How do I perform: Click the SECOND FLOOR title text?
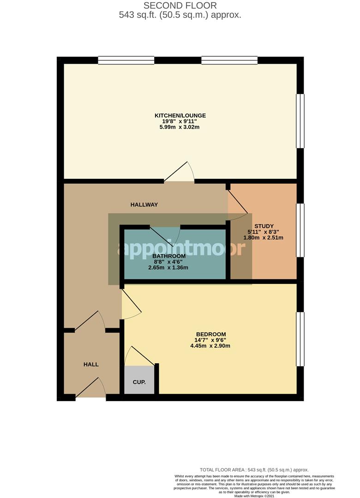180,6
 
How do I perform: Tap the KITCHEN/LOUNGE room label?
180,115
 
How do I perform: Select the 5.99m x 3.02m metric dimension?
180,127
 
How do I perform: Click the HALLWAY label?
144,205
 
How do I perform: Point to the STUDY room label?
263,226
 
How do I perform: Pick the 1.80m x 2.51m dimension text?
263,238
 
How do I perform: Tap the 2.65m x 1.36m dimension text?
168,267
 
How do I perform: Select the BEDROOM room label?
210,334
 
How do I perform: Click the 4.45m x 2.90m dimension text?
210,346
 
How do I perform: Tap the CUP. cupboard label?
139,382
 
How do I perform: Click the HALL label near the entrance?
91,364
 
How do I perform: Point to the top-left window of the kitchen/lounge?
126,60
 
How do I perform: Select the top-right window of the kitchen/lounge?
229,60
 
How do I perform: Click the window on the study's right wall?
300,230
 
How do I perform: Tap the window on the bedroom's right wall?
300,339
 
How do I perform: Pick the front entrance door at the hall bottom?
91,388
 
